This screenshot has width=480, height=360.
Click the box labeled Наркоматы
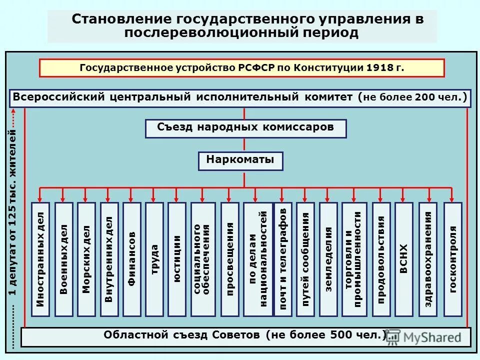click(x=240, y=161)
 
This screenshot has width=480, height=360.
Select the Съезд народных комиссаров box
click(x=245, y=128)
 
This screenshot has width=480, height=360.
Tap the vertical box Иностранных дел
click(x=41, y=259)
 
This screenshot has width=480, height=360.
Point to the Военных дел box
click(x=63, y=259)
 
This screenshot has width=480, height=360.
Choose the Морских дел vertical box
click(x=86, y=259)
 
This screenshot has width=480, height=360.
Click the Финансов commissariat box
click(x=132, y=259)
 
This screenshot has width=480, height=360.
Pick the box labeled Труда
click(x=154, y=259)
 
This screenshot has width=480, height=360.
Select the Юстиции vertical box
click(x=177, y=259)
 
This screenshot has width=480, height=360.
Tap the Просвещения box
click(x=229, y=259)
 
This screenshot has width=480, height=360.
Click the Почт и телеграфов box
click(x=283, y=259)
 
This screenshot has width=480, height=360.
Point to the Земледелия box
click(x=328, y=259)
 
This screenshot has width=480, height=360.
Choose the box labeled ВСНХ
click(x=404, y=259)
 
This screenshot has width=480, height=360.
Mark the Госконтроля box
click(x=453, y=259)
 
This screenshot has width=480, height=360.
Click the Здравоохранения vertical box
click(x=428, y=259)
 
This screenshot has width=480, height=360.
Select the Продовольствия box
click(x=380, y=259)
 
